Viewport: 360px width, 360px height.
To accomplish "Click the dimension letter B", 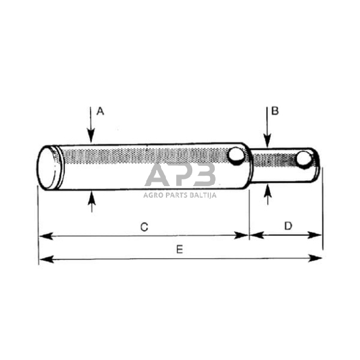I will pyautogui.click(x=275, y=111).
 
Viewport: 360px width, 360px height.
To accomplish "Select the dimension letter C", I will pyautogui.click(x=144, y=227).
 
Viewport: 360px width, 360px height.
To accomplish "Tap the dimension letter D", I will pyautogui.click(x=288, y=226).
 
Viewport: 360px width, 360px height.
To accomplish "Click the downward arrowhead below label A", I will pyautogui.click(x=91, y=140).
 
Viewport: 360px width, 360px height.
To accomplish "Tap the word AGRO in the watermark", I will pyautogui.click(x=154, y=195).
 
